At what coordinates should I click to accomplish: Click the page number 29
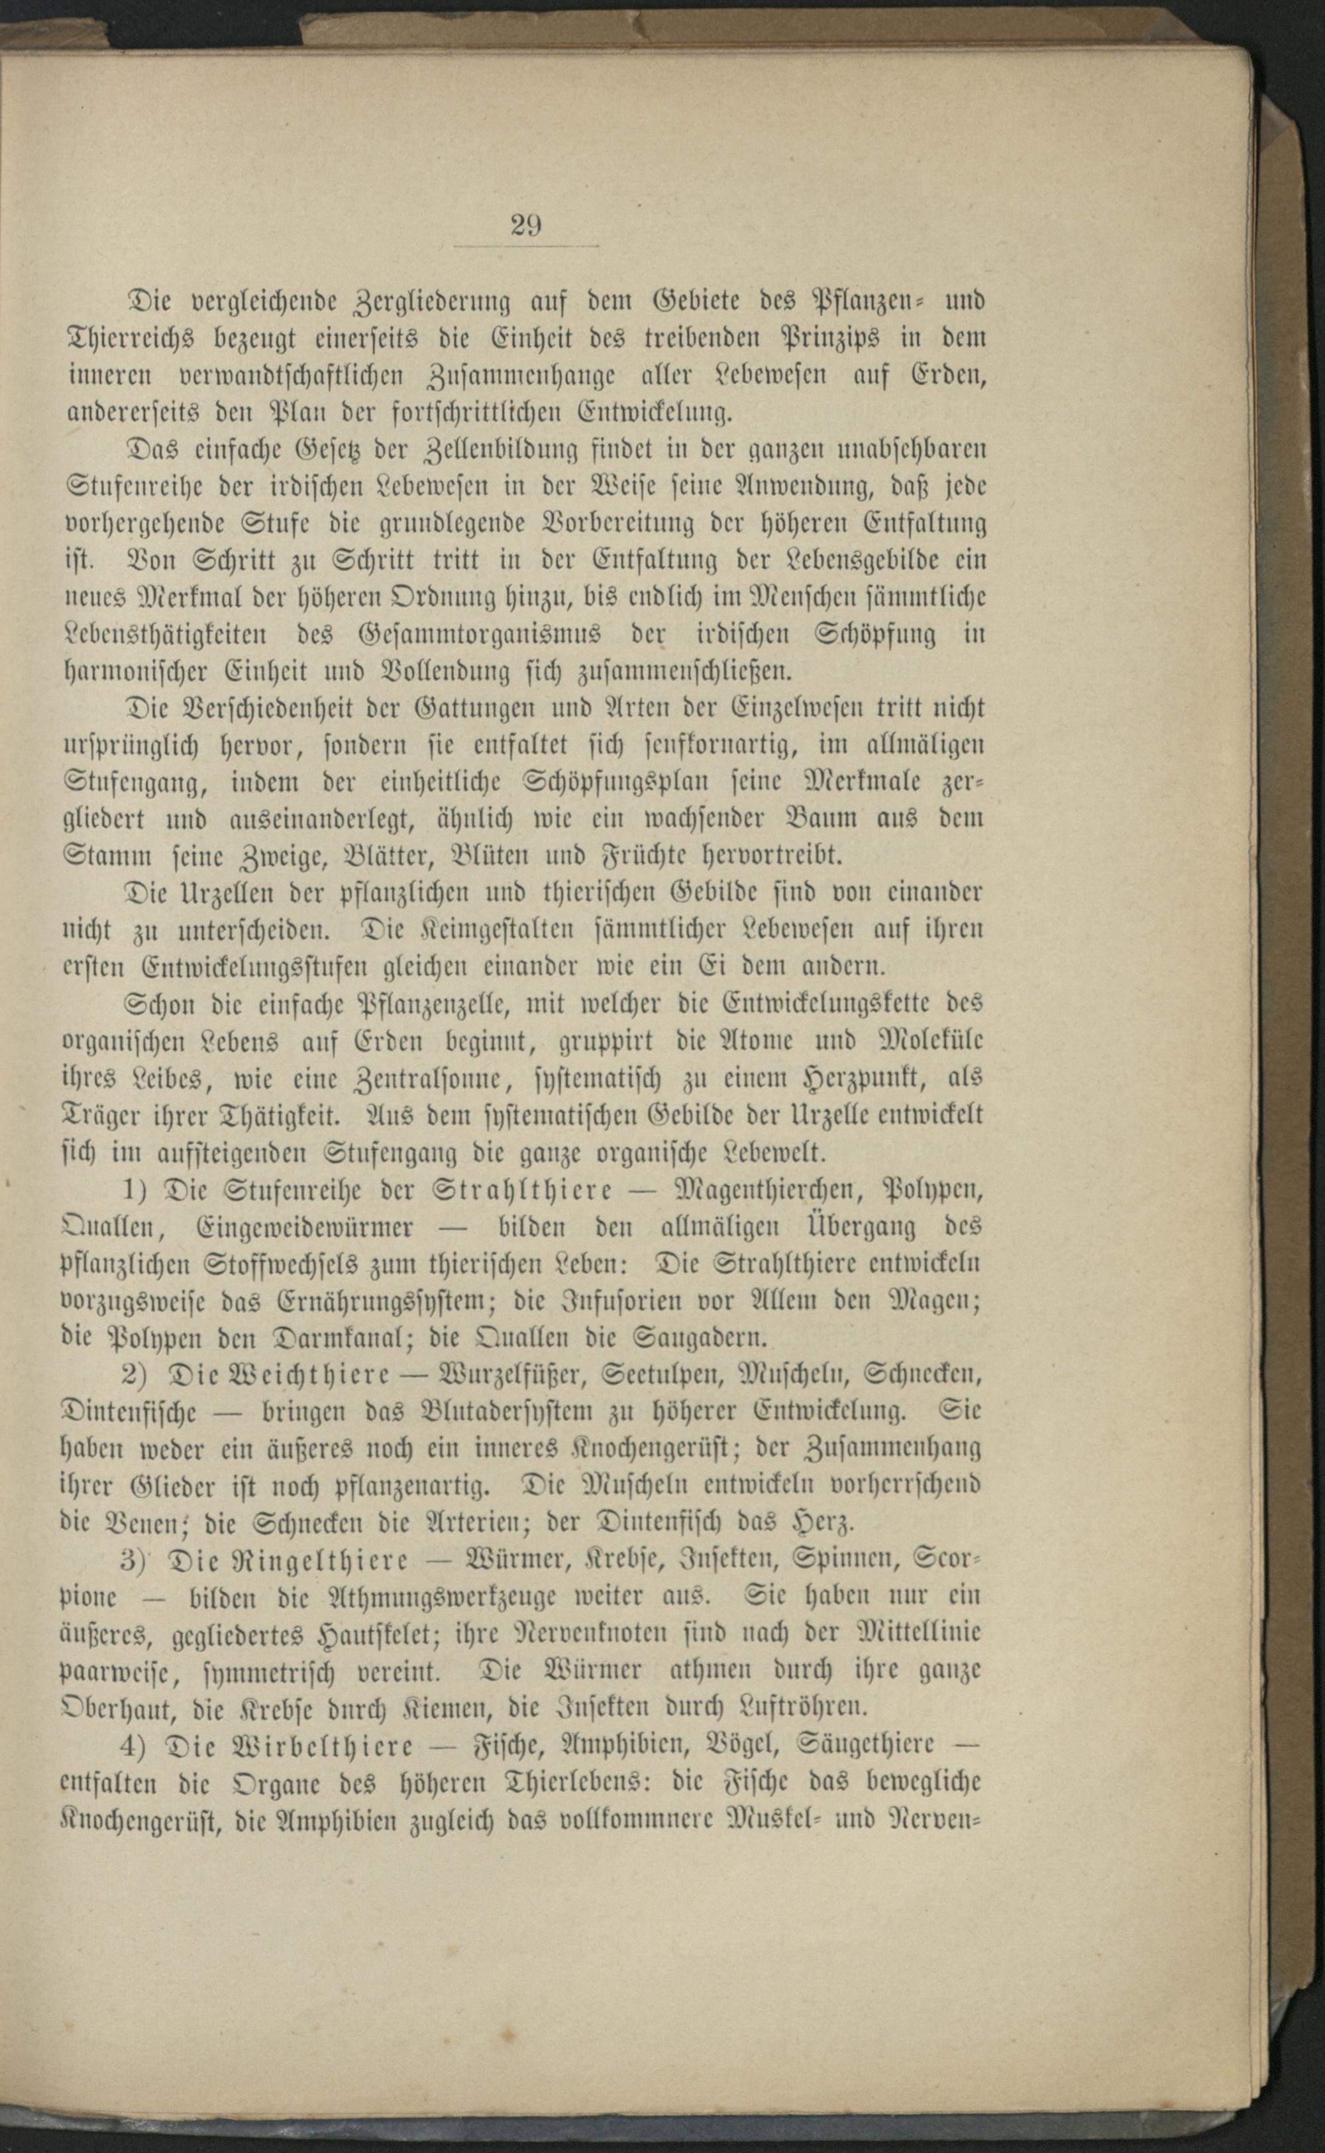click(x=524, y=226)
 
